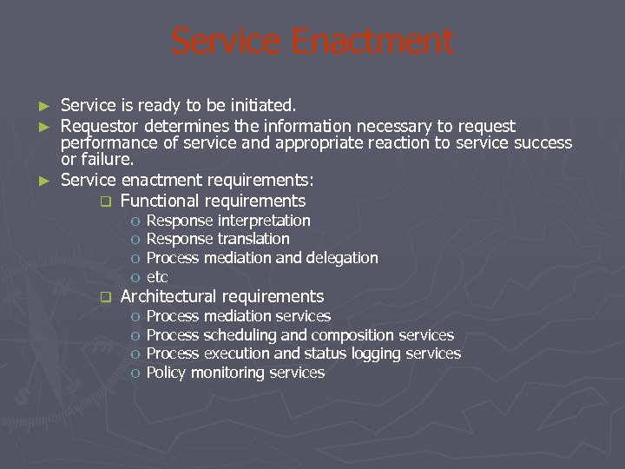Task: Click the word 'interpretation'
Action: click(x=264, y=221)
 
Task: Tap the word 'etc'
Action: click(x=157, y=277)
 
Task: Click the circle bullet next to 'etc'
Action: click(x=135, y=278)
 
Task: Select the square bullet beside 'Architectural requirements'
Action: click(x=106, y=297)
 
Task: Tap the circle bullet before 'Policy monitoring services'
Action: click(x=135, y=373)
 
